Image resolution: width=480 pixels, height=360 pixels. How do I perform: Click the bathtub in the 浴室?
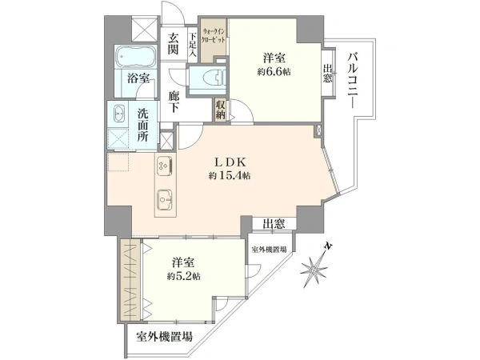pyautogui.click(x=136, y=58)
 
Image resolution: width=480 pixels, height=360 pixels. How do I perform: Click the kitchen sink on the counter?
pyautogui.click(x=166, y=200)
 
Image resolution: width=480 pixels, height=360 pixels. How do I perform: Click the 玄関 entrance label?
pyautogui.click(x=174, y=44)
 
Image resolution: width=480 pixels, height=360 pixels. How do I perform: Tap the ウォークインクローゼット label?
pyautogui.click(x=214, y=35)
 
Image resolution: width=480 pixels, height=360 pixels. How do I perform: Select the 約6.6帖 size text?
pyautogui.click(x=274, y=72)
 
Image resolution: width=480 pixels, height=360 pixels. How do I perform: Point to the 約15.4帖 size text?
pyautogui.click(x=230, y=176)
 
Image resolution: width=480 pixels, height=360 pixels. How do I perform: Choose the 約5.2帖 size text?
pyautogui.click(x=184, y=277)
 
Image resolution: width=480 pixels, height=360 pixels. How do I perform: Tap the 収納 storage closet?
pyautogui.click(x=221, y=110)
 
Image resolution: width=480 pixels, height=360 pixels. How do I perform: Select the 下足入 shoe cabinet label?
pyautogui.click(x=193, y=45)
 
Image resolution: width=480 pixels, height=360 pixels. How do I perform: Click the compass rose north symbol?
pyautogui.click(x=316, y=266)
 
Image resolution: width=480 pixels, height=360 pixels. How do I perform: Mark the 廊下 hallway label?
pyautogui.click(x=174, y=102)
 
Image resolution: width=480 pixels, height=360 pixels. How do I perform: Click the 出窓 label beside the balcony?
pyautogui.click(x=327, y=74)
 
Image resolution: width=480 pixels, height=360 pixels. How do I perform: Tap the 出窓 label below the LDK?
pyautogui.click(x=274, y=224)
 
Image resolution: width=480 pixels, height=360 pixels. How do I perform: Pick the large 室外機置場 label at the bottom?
pyautogui.click(x=164, y=337)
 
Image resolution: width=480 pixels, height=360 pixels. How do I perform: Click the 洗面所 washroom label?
pyautogui.click(x=142, y=125)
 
